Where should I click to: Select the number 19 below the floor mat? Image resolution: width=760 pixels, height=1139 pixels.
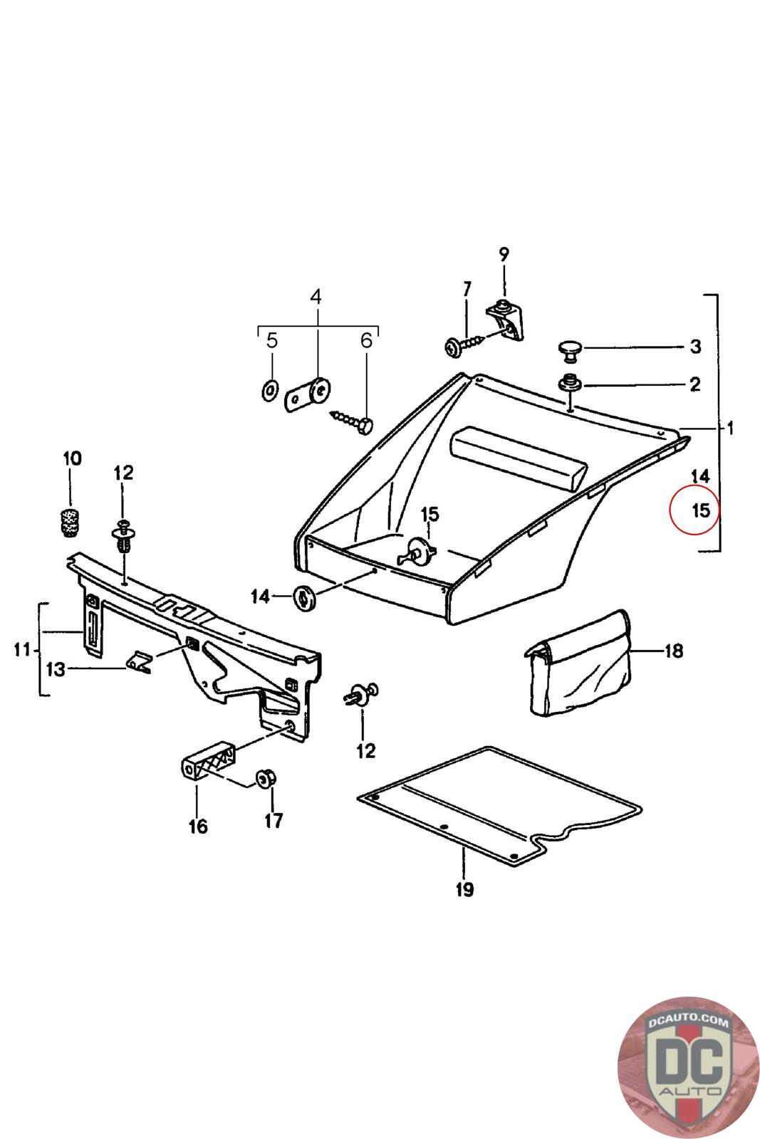click(464, 889)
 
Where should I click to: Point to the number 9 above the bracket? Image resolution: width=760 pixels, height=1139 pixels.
click(504, 253)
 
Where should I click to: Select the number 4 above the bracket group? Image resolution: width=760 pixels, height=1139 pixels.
click(316, 297)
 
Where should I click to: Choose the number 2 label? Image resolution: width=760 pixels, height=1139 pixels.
click(694, 384)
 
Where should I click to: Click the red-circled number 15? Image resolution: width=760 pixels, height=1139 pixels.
click(701, 510)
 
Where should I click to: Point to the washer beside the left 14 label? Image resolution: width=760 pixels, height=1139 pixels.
click(305, 597)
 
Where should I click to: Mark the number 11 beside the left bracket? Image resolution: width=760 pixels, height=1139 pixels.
click(21, 649)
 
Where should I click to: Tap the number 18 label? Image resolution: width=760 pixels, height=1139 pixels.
click(672, 650)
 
